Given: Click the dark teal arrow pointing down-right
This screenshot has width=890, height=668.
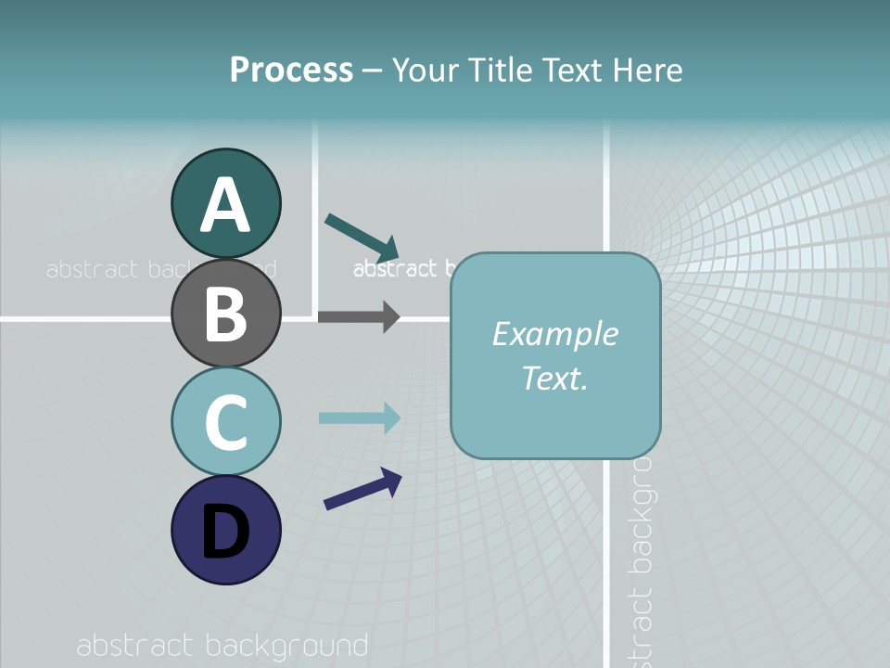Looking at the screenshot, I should click(x=362, y=238).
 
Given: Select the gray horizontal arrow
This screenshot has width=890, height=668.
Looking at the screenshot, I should click(x=358, y=316).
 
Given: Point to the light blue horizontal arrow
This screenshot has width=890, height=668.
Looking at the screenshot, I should click(x=359, y=417).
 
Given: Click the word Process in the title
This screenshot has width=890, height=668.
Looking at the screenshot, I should click(x=291, y=70).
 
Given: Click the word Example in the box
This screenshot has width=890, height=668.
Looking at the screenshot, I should click(x=554, y=334).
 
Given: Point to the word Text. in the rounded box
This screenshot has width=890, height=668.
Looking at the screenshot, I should click(x=554, y=378).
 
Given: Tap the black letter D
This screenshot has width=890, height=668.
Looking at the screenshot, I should click(x=225, y=533).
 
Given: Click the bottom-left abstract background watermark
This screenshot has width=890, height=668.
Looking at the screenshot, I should click(x=222, y=646).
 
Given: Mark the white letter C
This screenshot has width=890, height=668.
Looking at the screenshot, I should click(x=225, y=422).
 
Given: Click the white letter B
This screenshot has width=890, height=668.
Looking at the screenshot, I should click(x=225, y=314).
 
